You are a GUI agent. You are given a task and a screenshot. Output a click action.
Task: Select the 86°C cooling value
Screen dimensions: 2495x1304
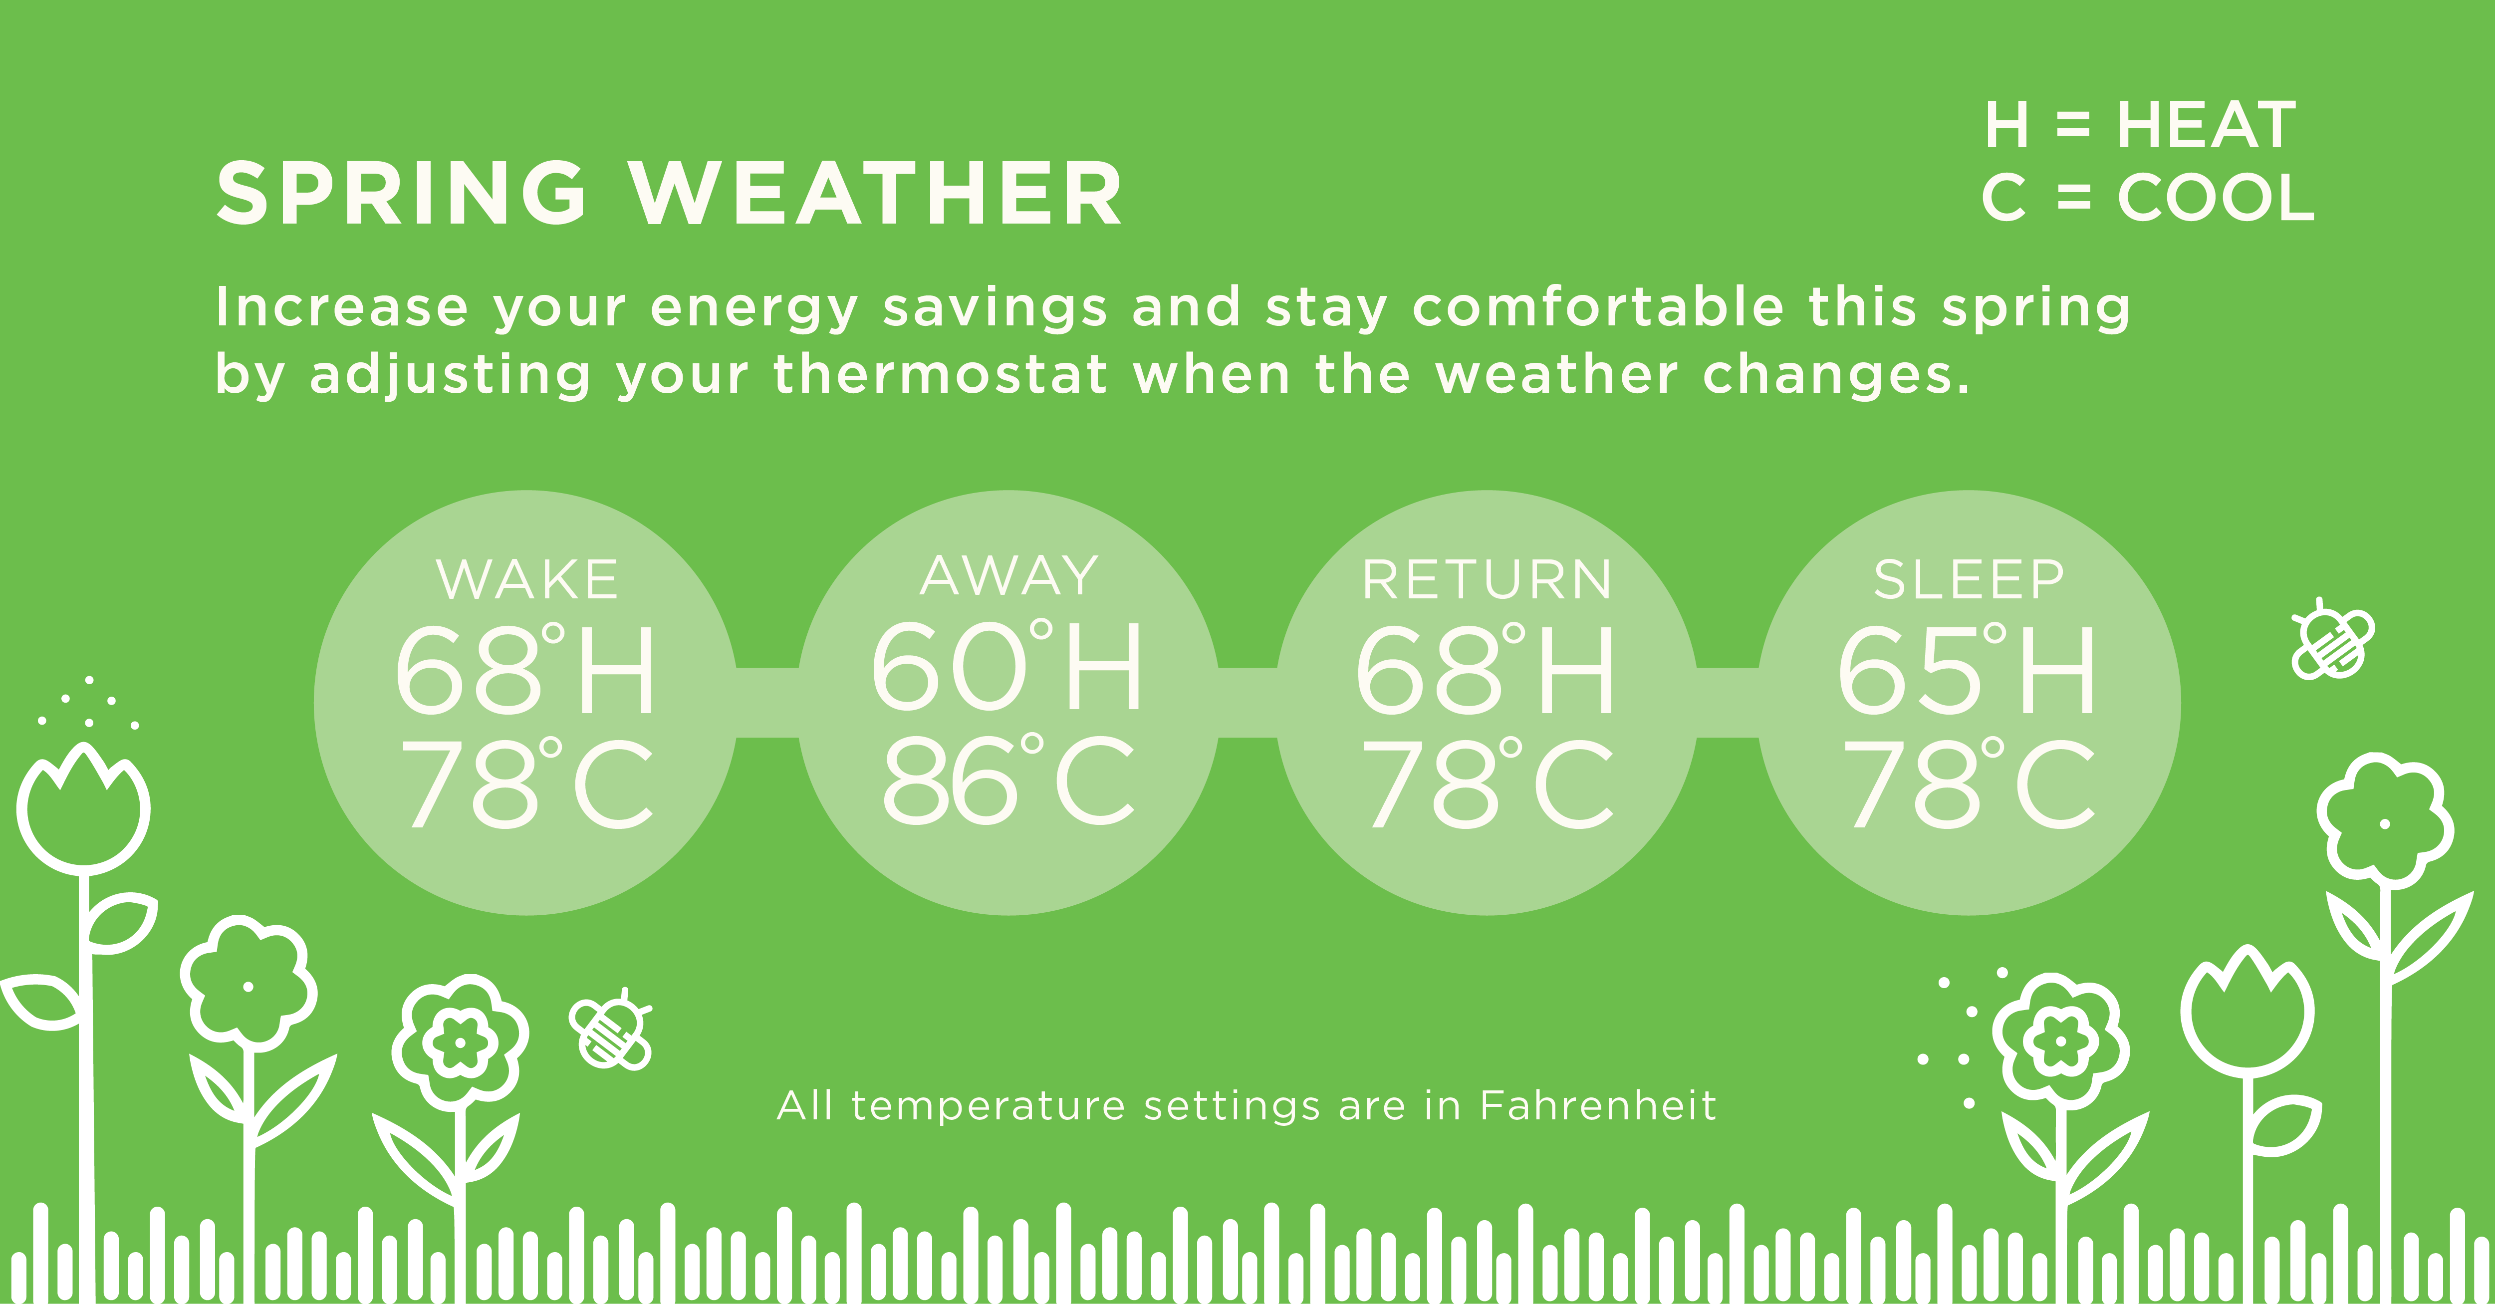coord(1007,780)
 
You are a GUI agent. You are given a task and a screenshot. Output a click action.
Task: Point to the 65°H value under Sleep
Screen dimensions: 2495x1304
coord(1966,670)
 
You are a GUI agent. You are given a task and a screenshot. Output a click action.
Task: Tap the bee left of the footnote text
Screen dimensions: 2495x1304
coord(610,1029)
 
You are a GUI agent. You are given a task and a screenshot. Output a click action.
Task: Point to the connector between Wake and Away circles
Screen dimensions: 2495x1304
coord(767,702)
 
